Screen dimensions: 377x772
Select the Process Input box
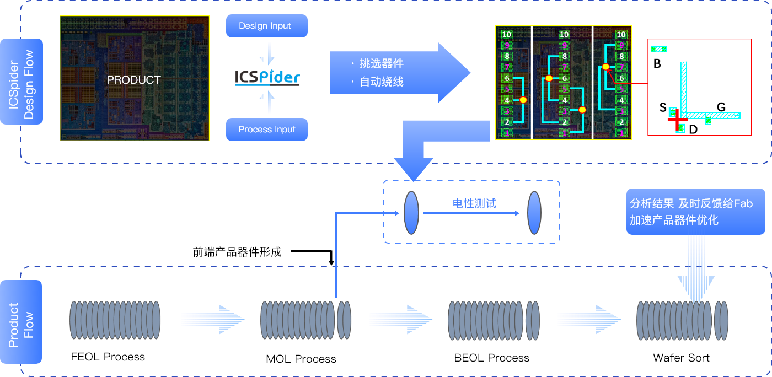tap(266, 130)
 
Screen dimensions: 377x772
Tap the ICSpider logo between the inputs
tap(267, 77)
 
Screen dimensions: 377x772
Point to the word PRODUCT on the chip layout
tap(133, 80)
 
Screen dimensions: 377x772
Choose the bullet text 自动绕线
tap(381, 82)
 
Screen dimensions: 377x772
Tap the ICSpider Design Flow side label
tap(22, 81)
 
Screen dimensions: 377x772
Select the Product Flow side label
tap(22, 322)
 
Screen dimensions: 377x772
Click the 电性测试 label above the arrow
tap(474, 203)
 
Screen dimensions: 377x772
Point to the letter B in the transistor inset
tap(657, 64)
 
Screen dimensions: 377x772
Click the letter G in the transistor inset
tap(721, 107)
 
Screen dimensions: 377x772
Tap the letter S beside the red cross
tap(663, 107)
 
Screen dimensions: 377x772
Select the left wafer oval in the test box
tap(411, 212)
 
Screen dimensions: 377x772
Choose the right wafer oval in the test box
tap(534, 212)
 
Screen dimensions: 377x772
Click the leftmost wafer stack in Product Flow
tap(115, 320)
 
